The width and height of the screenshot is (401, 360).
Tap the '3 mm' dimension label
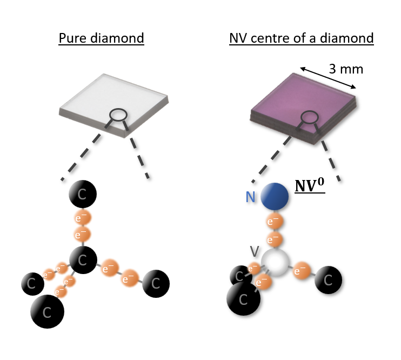point(346,69)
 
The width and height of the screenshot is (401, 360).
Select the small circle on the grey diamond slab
point(118,114)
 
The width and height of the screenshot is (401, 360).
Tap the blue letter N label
point(250,197)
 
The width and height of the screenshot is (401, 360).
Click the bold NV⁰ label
point(309,186)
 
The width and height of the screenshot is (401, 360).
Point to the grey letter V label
point(255,251)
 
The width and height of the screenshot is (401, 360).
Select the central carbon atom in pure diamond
point(82,261)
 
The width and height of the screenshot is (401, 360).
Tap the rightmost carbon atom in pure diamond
point(156,283)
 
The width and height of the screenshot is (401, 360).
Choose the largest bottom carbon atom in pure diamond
point(47,311)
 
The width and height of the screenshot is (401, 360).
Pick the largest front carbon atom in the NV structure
point(243,298)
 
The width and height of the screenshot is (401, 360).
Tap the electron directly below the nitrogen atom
point(275,221)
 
